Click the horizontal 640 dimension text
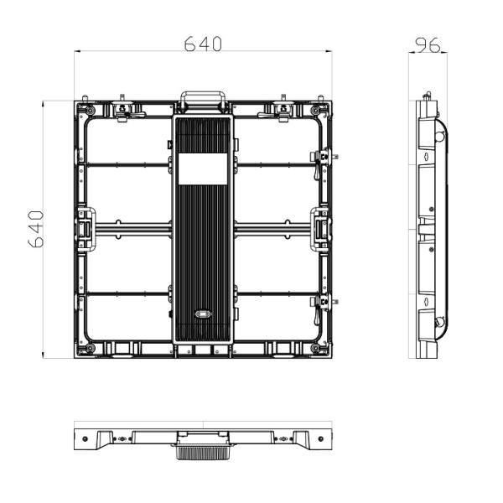point(203,44)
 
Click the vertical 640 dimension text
point(36,229)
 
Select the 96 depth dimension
point(428,44)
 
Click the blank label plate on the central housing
point(201,169)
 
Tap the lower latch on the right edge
point(322,303)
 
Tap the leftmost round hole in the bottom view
point(86,437)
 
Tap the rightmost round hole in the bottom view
point(319,437)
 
